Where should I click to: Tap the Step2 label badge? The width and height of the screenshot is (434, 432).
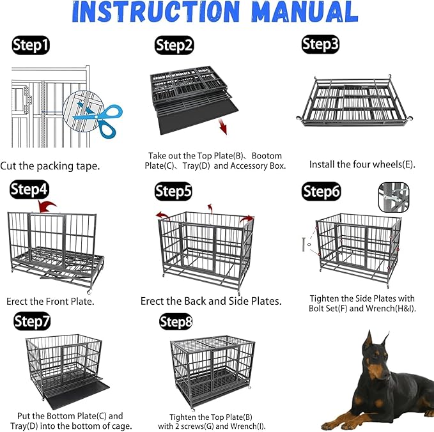(x=174, y=45)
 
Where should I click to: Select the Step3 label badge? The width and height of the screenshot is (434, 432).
(x=321, y=43)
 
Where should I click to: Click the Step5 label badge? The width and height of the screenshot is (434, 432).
(x=174, y=190)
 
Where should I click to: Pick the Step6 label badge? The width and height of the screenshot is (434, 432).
(x=322, y=191)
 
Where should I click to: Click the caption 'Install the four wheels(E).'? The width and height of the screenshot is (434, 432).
(x=362, y=164)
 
